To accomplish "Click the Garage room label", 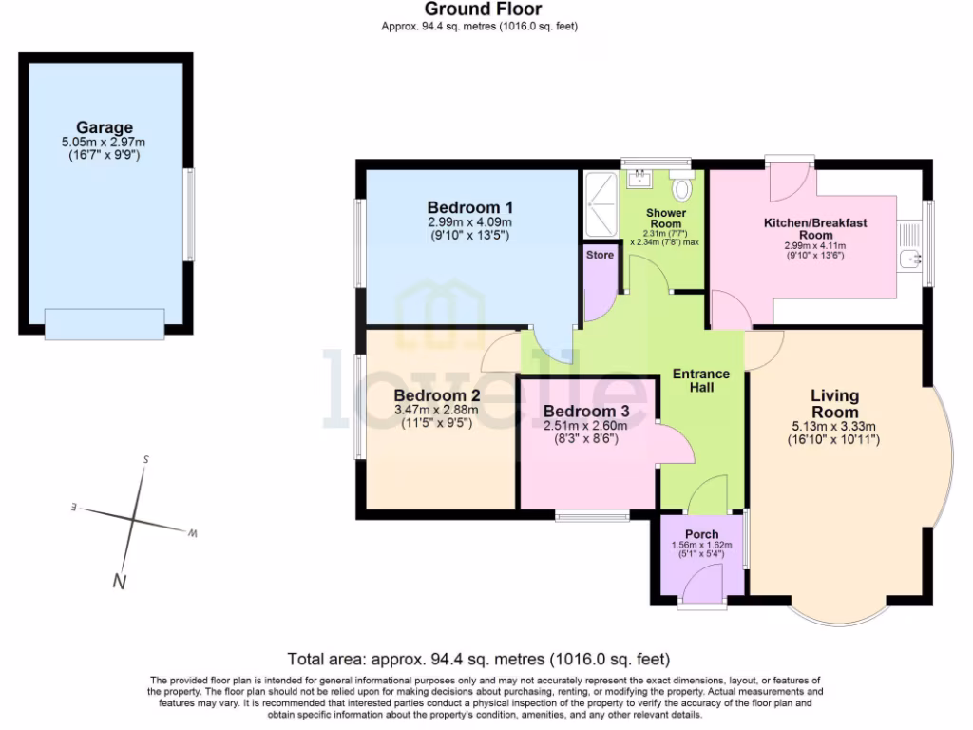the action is (105, 127).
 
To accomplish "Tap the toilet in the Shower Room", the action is (682, 185).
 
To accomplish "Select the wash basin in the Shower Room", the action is (639, 179).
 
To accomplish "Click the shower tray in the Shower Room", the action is (601, 204).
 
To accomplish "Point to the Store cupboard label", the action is (600, 255).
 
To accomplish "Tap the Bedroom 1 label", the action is (469, 207).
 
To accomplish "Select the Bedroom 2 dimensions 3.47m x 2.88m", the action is (436, 410).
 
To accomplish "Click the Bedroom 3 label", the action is (585, 411).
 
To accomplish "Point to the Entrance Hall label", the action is (701, 380).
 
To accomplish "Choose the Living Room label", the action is (834, 403).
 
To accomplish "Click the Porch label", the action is (702, 534).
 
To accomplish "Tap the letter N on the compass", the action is (119, 582).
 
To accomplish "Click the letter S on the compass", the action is (145, 459).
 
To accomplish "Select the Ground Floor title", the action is (483, 9).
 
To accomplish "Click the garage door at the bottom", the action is (105, 325).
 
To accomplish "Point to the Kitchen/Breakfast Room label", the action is (815, 228).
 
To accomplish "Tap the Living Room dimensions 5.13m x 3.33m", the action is (834, 427).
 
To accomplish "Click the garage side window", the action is (189, 215).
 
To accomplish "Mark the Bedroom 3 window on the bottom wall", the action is (592, 515).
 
